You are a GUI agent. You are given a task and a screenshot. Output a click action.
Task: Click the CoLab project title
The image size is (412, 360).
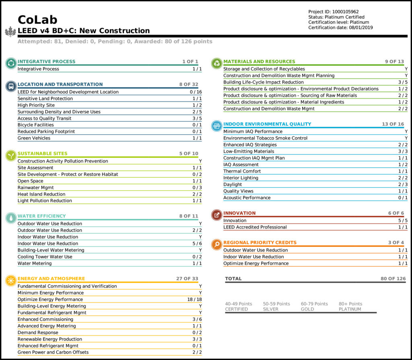[37, 20]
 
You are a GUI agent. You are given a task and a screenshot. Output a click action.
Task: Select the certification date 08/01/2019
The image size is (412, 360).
[362, 27]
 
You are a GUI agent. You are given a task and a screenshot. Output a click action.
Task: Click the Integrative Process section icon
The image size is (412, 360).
[11, 63]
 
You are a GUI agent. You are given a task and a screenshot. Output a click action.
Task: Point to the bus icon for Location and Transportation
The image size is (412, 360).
[11, 86]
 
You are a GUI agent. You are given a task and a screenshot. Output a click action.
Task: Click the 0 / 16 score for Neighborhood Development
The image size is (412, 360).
[196, 92]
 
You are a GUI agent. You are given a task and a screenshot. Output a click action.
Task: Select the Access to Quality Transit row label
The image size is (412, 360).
[45, 118]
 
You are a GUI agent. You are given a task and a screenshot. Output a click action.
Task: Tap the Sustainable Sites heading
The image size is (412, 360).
[43, 153]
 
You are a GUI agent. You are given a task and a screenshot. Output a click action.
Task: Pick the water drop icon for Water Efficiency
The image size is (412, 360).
[11, 218]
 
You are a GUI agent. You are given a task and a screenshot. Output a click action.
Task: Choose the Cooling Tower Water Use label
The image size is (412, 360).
[45, 257]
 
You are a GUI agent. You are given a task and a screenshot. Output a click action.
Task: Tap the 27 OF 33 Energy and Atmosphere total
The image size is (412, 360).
[187, 278]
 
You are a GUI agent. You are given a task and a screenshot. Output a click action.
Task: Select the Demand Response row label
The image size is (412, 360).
[38, 332]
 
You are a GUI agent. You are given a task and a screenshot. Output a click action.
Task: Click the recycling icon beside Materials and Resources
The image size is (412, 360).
[217, 63]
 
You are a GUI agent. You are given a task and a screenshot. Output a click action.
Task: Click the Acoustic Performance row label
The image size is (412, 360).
[247, 197]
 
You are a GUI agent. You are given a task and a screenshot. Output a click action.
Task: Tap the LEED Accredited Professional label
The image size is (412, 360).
[255, 227]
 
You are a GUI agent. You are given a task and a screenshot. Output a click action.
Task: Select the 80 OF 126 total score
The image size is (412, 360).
[393, 278]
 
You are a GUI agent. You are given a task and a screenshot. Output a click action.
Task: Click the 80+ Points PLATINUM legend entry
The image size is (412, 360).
[350, 307]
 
